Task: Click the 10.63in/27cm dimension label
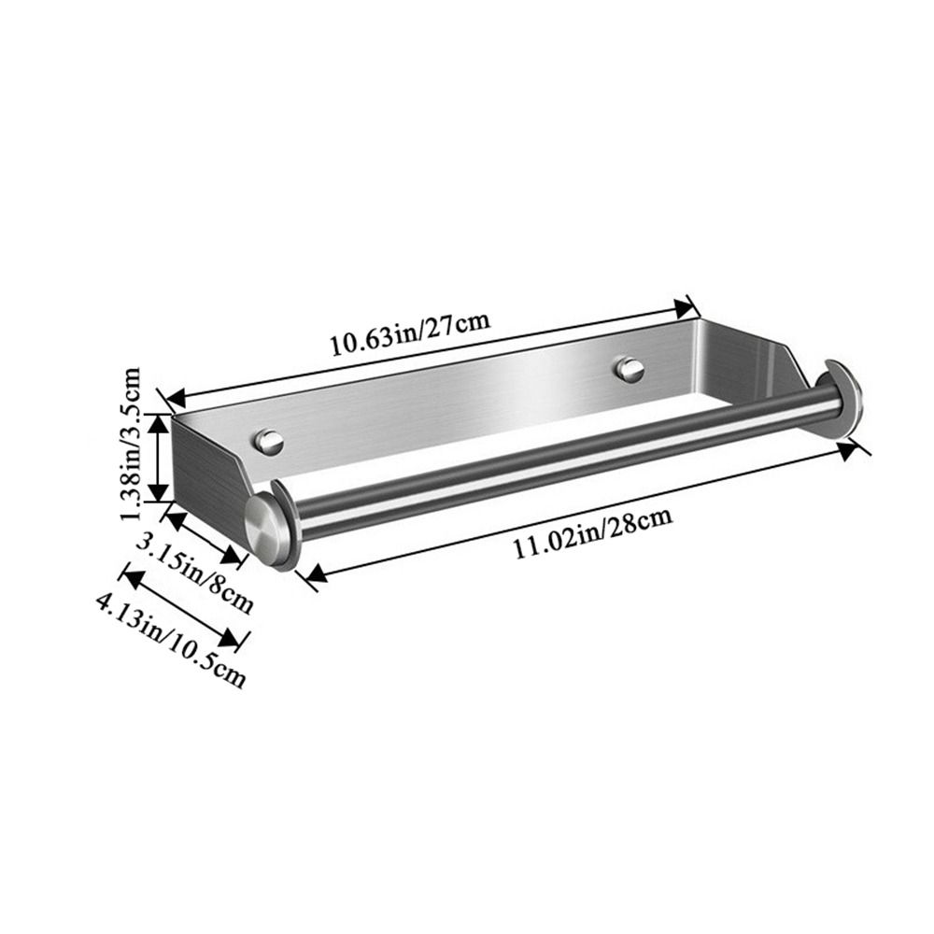[x=408, y=333]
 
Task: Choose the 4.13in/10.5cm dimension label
[x=170, y=638]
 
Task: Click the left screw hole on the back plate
[x=270, y=441]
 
